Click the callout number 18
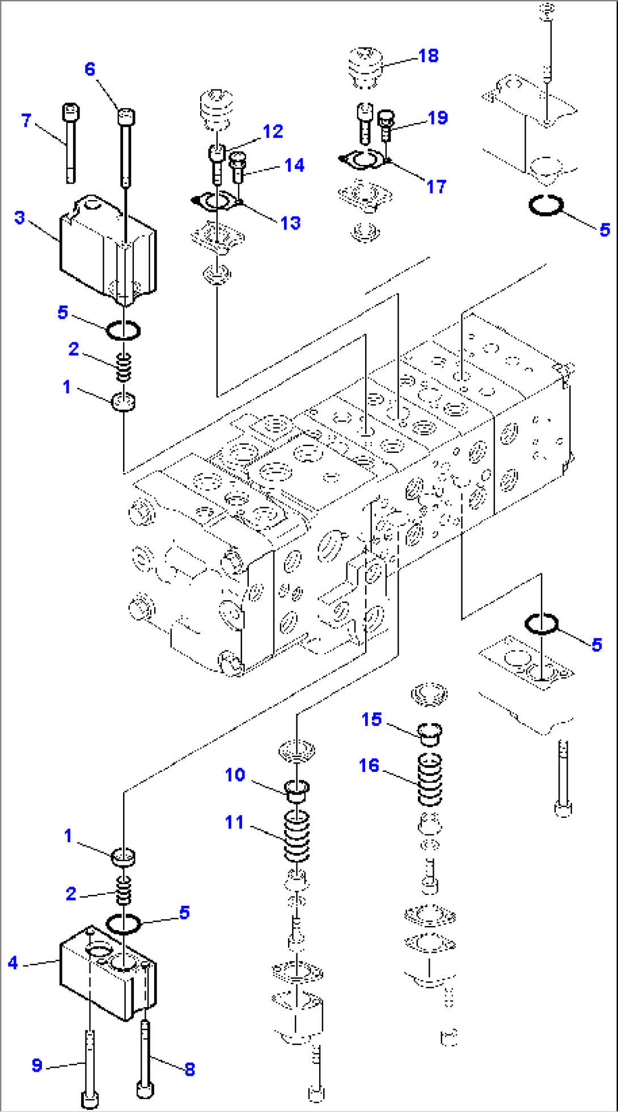428,56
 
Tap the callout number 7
26,120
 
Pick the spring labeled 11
297,836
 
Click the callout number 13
290,223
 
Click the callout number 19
438,117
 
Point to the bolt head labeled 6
126,116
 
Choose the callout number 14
294,165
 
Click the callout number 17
436,186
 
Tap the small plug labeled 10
297,790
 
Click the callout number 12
273,131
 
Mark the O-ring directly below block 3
123,330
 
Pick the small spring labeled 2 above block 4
124,890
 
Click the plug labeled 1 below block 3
124,402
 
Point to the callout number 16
369,765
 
